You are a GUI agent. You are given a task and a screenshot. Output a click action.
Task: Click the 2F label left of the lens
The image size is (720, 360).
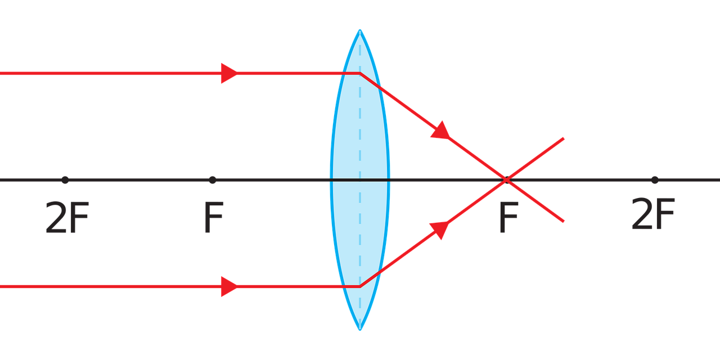[67, 218]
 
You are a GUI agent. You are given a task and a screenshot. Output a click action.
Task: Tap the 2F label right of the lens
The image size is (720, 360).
[652, 215]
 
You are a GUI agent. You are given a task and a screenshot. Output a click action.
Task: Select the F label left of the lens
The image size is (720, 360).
[213, 218]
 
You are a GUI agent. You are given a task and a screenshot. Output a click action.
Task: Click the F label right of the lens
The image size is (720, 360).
[508, 218]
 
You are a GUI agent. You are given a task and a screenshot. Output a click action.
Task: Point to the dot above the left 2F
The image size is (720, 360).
[65, 180]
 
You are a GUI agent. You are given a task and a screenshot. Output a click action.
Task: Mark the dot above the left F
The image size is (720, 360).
[212, 180]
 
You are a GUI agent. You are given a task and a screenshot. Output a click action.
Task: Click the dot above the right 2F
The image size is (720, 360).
[654, 180]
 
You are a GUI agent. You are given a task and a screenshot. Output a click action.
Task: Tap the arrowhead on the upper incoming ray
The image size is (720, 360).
[228, 73]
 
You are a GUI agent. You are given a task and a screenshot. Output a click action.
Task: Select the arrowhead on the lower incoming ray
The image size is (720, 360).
[228, 286]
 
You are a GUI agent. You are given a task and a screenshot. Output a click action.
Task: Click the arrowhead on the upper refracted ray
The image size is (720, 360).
[441, 130]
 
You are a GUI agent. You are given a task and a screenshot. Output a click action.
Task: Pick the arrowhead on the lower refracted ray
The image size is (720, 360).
[440, 229]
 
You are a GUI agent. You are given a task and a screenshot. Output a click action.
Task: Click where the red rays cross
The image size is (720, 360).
[507, 180]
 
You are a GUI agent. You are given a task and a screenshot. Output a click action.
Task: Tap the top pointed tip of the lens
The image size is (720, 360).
[360, 30]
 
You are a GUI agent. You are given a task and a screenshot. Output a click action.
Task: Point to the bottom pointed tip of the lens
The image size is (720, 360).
[360, 330]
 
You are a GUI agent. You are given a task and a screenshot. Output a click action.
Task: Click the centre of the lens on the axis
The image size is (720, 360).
[360, 180]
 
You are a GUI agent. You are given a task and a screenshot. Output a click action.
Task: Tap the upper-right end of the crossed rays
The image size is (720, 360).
[564, 138]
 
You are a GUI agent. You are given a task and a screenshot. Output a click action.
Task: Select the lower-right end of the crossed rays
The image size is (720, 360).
[564, 222]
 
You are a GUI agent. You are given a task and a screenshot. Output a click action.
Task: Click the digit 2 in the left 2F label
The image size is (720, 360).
[56, 218]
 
